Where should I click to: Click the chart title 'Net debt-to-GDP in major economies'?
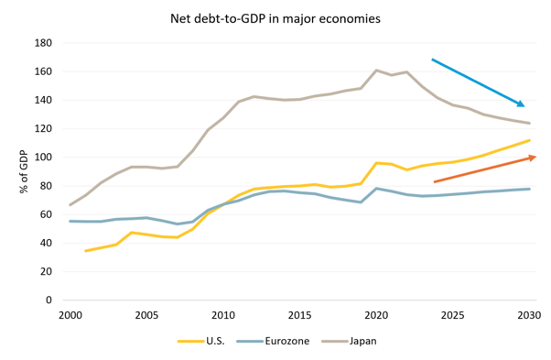tap(275, 18)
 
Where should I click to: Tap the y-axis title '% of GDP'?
tap(24, 171)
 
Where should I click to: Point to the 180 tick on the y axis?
tap(43, 43)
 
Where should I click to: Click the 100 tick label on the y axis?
tap(43, 158)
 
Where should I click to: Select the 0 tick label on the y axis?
tap(49, 300)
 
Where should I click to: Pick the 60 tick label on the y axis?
tap(46, 214)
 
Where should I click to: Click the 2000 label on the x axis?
tap(70, 315)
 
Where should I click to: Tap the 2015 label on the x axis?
tap(299, 315)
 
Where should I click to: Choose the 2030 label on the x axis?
tap(529, 315)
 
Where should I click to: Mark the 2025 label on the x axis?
tap(452, 315)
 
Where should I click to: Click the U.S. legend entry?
tap(201, 341)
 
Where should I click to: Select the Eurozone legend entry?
tap(273, 341)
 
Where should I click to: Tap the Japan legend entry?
tap(349, 341)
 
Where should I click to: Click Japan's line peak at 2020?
tap(376, 71)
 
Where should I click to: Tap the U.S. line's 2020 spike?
tap(376, 163)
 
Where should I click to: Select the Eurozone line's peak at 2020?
tap(376, 189)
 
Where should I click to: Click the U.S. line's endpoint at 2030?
tap(529, 140)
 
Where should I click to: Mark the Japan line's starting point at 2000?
tap(70, 204)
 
